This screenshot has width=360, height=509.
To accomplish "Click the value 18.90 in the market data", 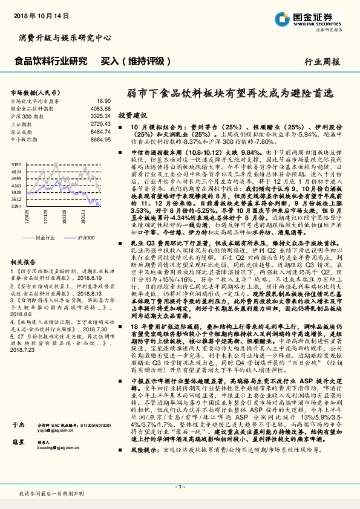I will pos(103,101).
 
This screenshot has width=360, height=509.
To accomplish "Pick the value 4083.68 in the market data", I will pos(101,109).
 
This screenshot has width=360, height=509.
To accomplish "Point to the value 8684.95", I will pos(101,138).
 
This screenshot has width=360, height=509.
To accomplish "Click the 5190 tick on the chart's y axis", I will pos(17,164).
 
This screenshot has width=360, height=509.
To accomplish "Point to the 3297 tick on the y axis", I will pos(17,206).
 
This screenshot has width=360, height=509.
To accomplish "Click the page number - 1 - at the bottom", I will pos(179,486).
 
